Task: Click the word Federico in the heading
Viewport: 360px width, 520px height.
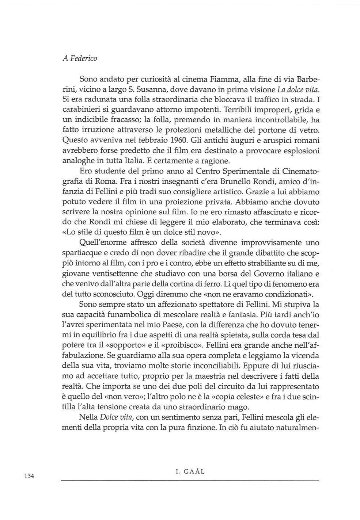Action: coord(82,58)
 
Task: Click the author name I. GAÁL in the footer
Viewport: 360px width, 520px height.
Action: coord(190,471)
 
